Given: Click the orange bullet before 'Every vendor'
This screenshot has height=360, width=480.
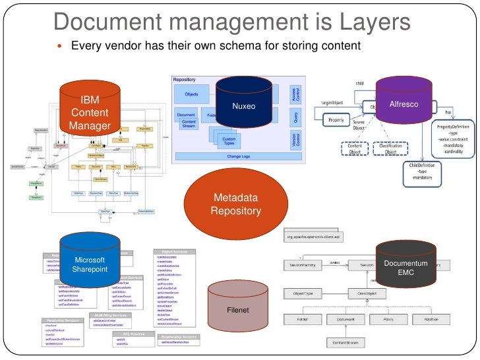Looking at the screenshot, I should point(60,47).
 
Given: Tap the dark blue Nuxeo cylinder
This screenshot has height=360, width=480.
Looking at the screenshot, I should point(243,105).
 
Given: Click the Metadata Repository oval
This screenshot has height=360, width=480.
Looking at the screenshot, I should point(235,205).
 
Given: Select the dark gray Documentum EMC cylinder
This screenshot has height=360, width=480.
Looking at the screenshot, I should point(405,266).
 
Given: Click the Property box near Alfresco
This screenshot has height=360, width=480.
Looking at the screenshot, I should point(336,121).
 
